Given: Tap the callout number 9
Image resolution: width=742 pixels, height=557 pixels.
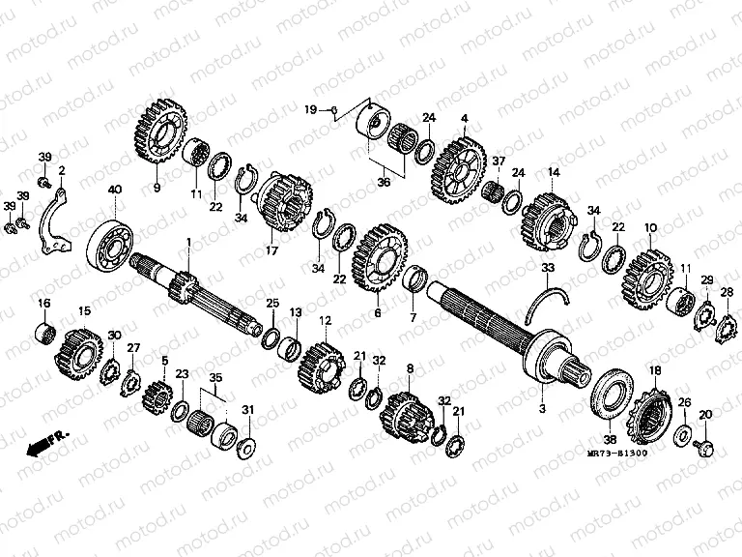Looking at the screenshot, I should point(156,188).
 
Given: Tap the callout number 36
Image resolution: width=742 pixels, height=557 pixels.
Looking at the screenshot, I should point(384,181).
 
